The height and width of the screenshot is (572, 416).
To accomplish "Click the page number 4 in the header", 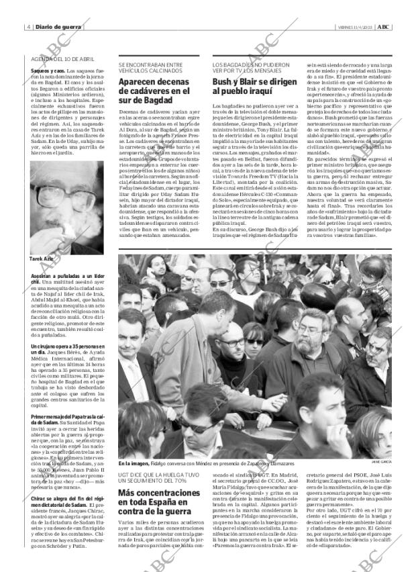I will pyautogui.click(x=28, y=27).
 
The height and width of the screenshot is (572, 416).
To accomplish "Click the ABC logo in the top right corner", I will pyautogui.click(x=382, y=27).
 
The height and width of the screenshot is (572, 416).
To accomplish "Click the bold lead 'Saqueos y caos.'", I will pyautogui.click(x=48, y=70).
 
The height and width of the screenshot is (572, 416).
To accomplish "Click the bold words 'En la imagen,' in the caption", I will pyautogui.click(x=134, y=463).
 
